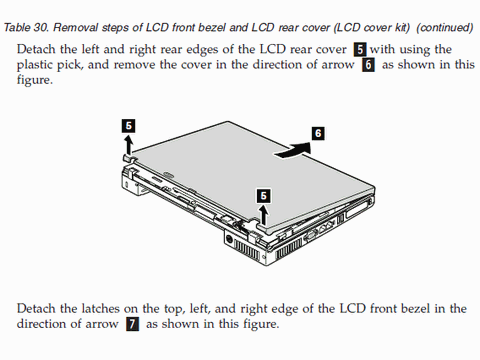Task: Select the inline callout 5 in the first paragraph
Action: click(360, 50)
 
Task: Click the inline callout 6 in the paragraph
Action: click(368, 65)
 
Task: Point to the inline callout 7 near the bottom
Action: click(132, 324)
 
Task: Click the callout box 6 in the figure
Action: click(318, 134)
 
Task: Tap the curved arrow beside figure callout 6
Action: click(292, 150)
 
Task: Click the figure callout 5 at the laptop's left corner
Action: click(128, 126)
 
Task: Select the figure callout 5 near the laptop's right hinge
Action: click(263, 196)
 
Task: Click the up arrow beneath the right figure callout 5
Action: click(264, 215)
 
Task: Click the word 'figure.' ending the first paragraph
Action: click(35, 80)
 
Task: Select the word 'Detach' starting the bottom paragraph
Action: click(36, 309)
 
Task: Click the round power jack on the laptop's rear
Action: click(229, 240)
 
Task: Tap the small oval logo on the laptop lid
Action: click(167, 174)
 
